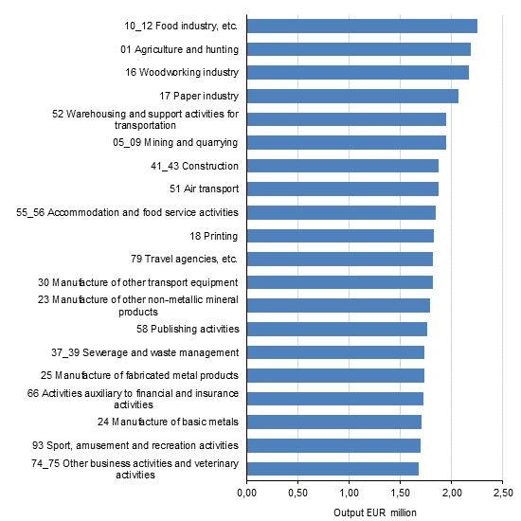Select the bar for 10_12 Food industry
[x=362, y=26]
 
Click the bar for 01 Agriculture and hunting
[x=358, y=49]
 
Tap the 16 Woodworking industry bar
[x=357, y=72]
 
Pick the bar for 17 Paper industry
[x=352, y=96]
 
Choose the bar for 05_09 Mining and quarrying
[x=346, y=142]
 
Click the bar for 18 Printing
[x=340, y=235]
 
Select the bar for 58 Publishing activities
[x=336, y=329]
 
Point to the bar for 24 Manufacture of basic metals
[x=333, y=422]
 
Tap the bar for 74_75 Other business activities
[x=332, y=468]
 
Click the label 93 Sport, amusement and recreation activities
[x=134, y=445]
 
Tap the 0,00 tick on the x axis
[x=246, y=494]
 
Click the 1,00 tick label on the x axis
[x=349, y=494]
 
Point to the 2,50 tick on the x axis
[x=502, y=494]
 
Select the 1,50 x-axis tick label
[x=400, y=494]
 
